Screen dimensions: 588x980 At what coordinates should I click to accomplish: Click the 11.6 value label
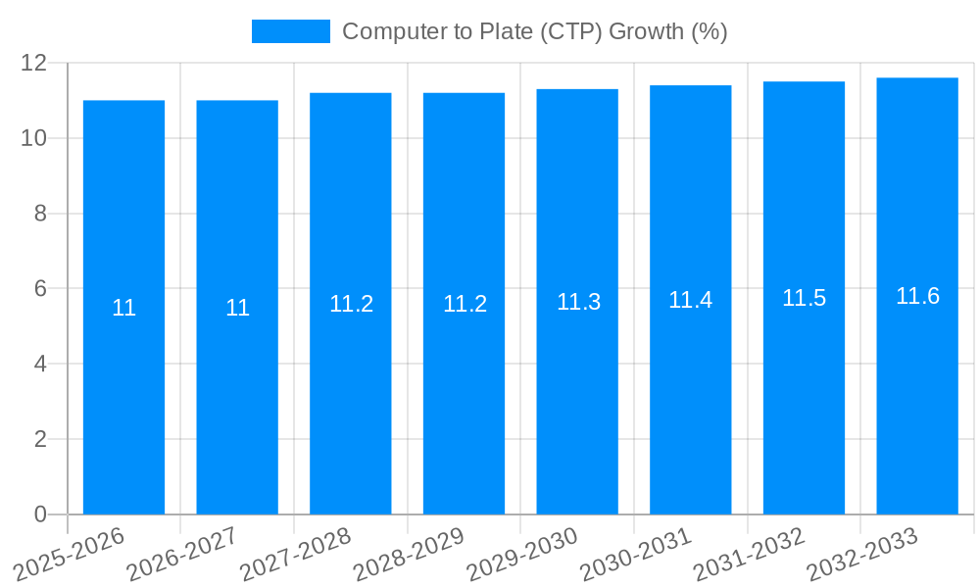pos(917,296)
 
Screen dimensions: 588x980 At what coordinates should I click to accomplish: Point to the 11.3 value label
pos(578,302)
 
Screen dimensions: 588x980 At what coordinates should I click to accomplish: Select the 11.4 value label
pos(690,300)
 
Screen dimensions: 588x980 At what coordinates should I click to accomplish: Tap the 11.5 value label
pos(804,298)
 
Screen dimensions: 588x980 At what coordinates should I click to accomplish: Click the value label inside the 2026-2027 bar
pos(237,308)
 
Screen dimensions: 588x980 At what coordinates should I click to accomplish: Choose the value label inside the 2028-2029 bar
pos(465,304)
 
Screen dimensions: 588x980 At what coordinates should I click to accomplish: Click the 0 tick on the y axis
pos(40,514)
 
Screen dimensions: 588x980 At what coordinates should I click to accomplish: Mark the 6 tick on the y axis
pos(40,289)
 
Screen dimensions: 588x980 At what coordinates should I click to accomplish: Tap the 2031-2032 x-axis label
pos(750,555)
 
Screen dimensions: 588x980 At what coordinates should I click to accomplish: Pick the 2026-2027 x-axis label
pos(183,555)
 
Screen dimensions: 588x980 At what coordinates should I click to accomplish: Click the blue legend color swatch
pos(290,31)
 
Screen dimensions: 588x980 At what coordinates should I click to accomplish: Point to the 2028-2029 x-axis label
pos(410,555)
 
